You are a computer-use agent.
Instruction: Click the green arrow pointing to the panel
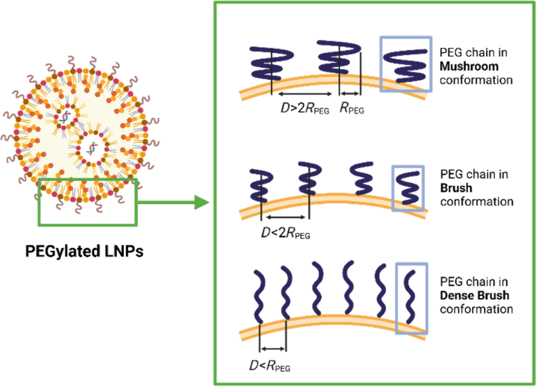175,201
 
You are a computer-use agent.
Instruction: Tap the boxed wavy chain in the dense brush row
411,298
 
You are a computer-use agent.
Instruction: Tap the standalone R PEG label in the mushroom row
352,111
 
